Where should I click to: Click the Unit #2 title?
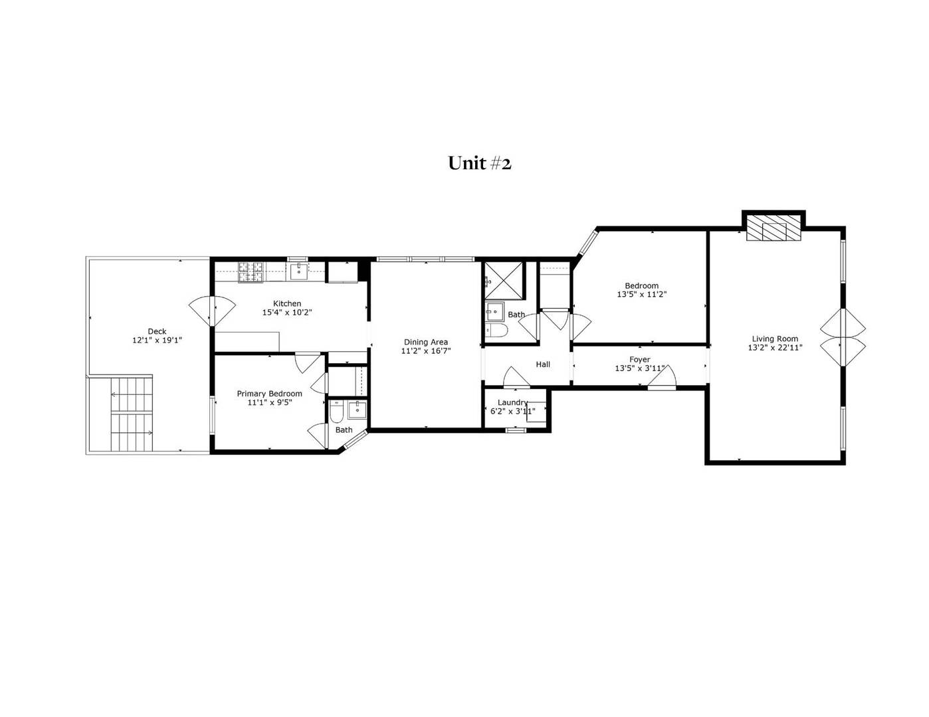click(479, 163)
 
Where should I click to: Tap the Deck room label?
click(157, 331)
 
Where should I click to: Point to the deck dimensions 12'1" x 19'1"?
click(157, 340)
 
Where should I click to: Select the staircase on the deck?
click(132, 414)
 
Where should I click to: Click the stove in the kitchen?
click(251, 271)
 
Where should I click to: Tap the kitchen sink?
click(299, 270)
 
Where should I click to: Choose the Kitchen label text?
click(287, 303)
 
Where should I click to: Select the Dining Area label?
click(425, 343)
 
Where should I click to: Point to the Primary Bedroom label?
click(269, 394)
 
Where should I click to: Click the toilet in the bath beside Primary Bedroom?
click(336, 412)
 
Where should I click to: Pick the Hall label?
click(543, 364)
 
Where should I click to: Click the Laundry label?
click(512, 402)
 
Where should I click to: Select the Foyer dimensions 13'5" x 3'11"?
click(639, 368)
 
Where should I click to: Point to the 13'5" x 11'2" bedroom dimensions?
click(641, 294)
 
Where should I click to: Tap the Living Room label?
click(775, 339)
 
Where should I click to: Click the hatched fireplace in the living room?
click(774, 228)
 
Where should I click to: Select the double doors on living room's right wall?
click(843, 337)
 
